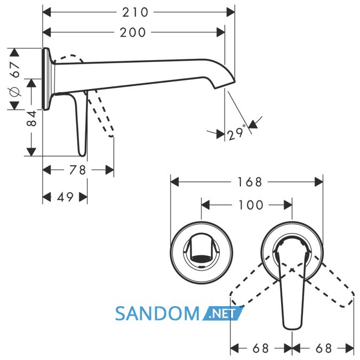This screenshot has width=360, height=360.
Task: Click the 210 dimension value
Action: point(135,12)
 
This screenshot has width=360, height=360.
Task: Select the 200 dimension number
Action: point(133,33)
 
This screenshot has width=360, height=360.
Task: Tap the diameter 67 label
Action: point(14,79)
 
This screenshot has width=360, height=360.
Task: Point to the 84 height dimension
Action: point(31,118)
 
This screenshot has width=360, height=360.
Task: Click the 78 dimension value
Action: point(77,170)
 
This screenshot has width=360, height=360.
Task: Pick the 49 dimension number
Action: point(65,197)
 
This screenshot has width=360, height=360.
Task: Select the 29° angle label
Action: point(236,133)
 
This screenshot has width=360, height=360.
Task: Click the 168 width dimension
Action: point(250,182)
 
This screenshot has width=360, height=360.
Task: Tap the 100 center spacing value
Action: point(251,205)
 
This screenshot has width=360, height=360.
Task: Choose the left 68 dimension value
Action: point(261,348)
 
